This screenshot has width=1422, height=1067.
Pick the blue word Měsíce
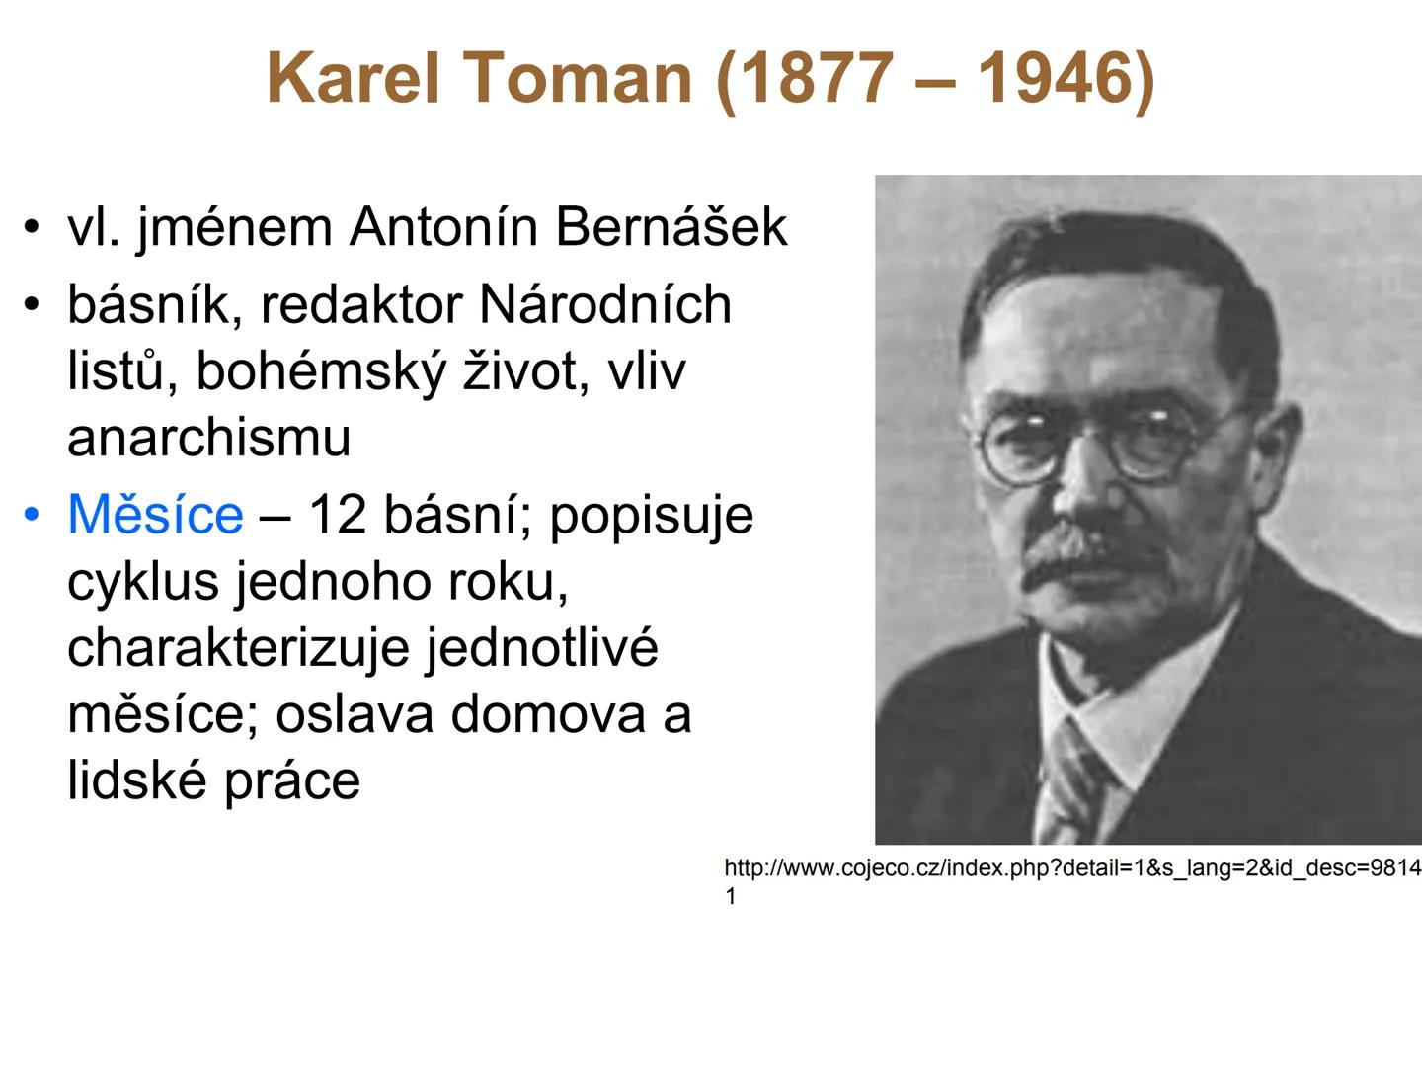tap(155, 515)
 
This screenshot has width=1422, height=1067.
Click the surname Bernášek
tap(671, 227)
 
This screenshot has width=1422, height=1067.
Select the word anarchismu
tap(209, 438)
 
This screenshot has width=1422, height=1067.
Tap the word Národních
tap(604, 304)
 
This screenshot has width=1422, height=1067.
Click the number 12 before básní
tap(338, 515)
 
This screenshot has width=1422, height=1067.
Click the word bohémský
tap(321, 371)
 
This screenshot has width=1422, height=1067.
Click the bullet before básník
tap(34, 304)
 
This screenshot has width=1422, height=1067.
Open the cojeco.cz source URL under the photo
tap(1071, 868)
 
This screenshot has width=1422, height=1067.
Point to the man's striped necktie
tap(1071, 780)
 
